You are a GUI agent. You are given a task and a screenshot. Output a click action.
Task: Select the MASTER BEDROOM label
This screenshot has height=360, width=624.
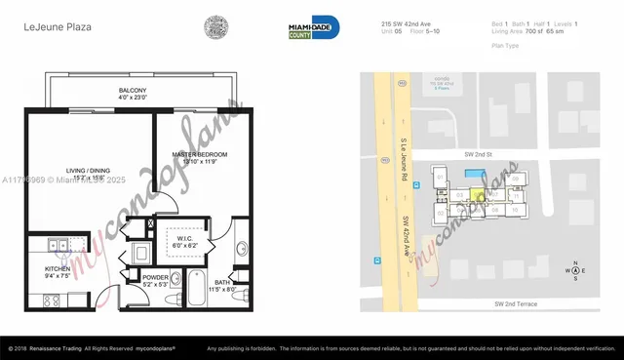[200, 155]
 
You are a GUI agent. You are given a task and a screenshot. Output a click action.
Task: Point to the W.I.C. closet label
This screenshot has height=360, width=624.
[186, 238]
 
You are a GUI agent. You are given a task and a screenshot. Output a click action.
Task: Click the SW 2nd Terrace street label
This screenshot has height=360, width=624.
[513, 303]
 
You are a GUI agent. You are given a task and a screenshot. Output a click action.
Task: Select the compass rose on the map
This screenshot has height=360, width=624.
[575, 270]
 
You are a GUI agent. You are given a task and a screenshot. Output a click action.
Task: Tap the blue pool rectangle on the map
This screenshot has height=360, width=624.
[474, 174]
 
